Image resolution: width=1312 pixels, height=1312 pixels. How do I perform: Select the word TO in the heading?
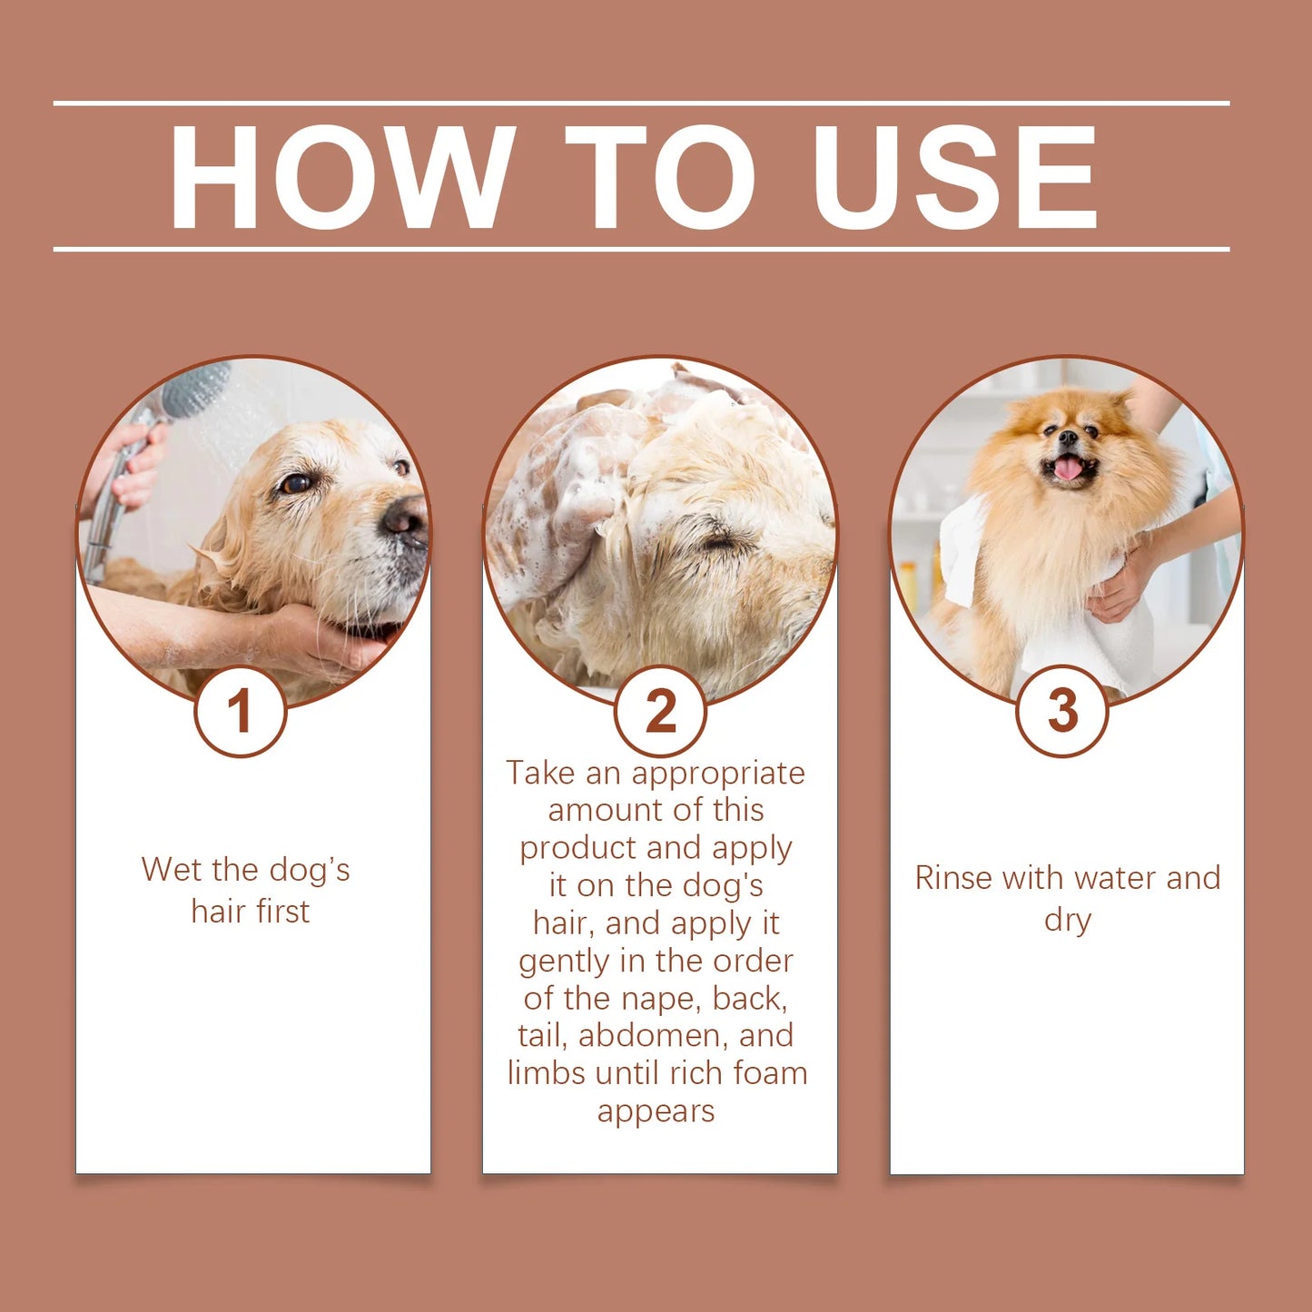tap(660, 176)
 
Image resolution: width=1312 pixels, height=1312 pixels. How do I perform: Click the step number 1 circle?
tap(240, 711)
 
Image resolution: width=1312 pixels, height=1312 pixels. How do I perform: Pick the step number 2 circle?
tap(660, 711)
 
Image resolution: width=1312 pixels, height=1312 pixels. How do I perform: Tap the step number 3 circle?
tap(1061, 711)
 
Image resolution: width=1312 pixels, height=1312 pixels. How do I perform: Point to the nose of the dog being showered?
tap(404, 519)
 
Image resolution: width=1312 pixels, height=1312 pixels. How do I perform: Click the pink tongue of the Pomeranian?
tap(1068, 469)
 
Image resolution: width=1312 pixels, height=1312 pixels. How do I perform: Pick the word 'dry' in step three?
tap(1067, 921)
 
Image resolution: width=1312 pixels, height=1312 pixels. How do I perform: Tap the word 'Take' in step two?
tap(541, 773)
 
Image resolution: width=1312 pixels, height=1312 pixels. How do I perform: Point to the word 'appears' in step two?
tap(656, 1111)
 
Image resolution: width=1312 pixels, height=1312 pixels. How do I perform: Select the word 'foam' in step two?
tap(770, 1073)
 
